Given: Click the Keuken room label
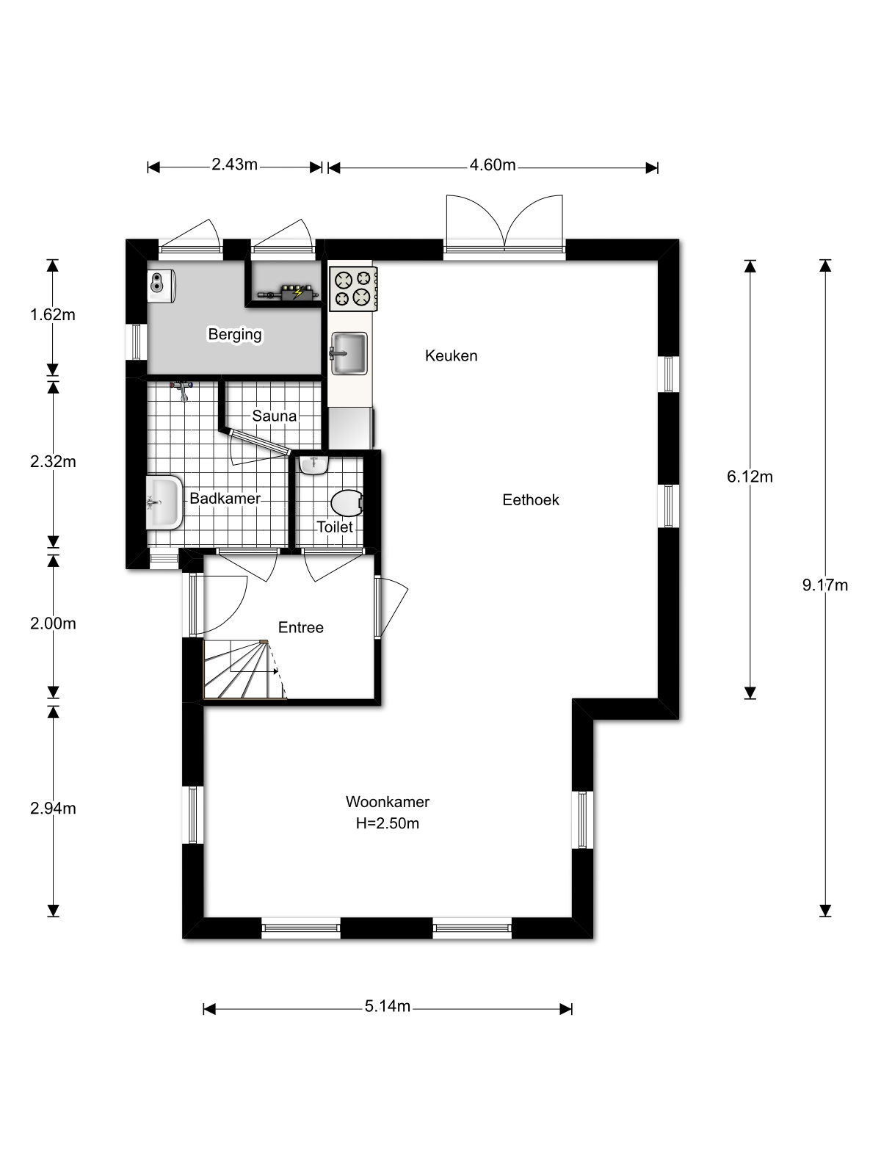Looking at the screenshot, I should click(x=451, y=355).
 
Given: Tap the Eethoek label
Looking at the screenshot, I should click(x=530, y=500).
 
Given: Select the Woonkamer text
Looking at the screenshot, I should click(x=387, y=802).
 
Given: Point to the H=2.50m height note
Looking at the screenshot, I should click(x=387, y=824).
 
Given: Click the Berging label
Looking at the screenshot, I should click(x=235, y=335).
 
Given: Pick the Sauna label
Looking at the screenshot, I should click(x=275, y=416).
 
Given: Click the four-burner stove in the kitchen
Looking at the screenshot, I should click(x=353, y=287).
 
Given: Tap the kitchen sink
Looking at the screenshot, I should click(x=349, y=353).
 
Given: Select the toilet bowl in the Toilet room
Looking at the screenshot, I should click(x=346, y=504).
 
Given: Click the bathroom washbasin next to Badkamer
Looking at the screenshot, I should click(x=164, y=502).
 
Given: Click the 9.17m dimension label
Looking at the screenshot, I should click(x=825, y=585).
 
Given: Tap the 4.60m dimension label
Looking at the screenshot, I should click(x=493, y=165).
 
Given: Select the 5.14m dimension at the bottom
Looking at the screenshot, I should click(x=387, y=1007).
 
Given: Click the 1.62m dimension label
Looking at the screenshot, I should click(x=53, y=315).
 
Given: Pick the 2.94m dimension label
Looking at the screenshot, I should click(x=53, y=809).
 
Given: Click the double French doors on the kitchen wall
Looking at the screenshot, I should click(x=505, y=228).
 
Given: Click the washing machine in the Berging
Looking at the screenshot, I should click(x=162, y=286).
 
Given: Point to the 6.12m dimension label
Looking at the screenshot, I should click(x=750, y=477).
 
